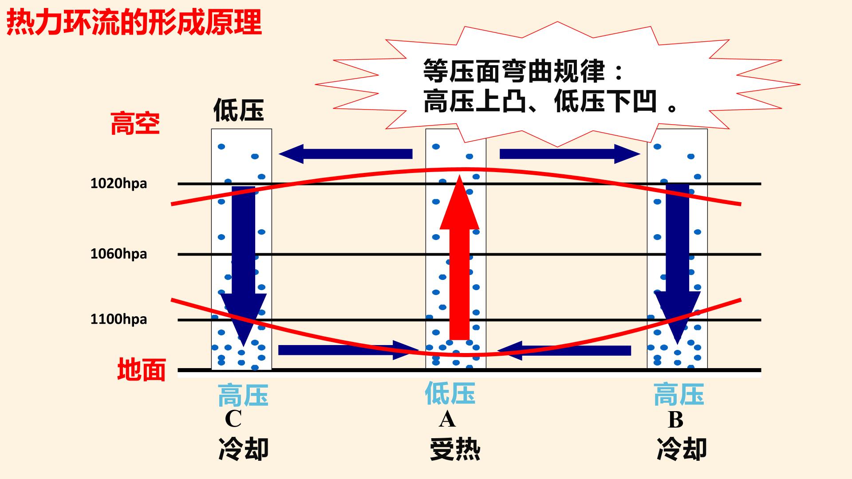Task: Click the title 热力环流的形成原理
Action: (134, 23)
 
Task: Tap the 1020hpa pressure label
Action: (118, 184)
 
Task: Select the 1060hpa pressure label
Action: (118, 254)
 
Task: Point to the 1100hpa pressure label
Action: (118, 319)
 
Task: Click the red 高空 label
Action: (135, 123)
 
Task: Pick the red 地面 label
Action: (142, 369)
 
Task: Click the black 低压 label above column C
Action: (239, 110)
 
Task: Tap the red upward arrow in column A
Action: (459, 257)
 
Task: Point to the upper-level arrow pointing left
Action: (346, 154)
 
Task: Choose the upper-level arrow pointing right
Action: (570, 154)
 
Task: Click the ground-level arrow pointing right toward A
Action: (349, 350)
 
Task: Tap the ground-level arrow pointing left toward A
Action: (564, 350)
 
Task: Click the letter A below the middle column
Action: (447, 419)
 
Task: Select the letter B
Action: (675, 420)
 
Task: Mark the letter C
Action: (233, 419)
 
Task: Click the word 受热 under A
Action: (455, 449)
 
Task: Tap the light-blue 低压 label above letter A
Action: (450, 393)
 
